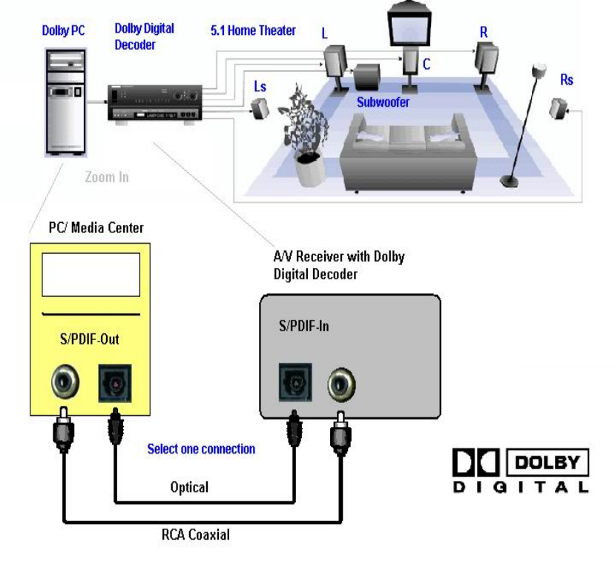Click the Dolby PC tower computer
tap(65, 100)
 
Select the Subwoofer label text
tap(382, 102)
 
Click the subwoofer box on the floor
tap(367, 78)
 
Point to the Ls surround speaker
tap(260, 110)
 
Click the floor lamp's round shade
tap(539, 72)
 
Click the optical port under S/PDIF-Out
tap(115, 383)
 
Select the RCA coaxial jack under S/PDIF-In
tap(341, 384)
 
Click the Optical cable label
tap(189, 488)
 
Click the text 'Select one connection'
tap(201, 449)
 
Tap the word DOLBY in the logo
tap(547, 463)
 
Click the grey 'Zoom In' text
tap(107, 177)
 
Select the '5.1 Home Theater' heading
tap(253, 30)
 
